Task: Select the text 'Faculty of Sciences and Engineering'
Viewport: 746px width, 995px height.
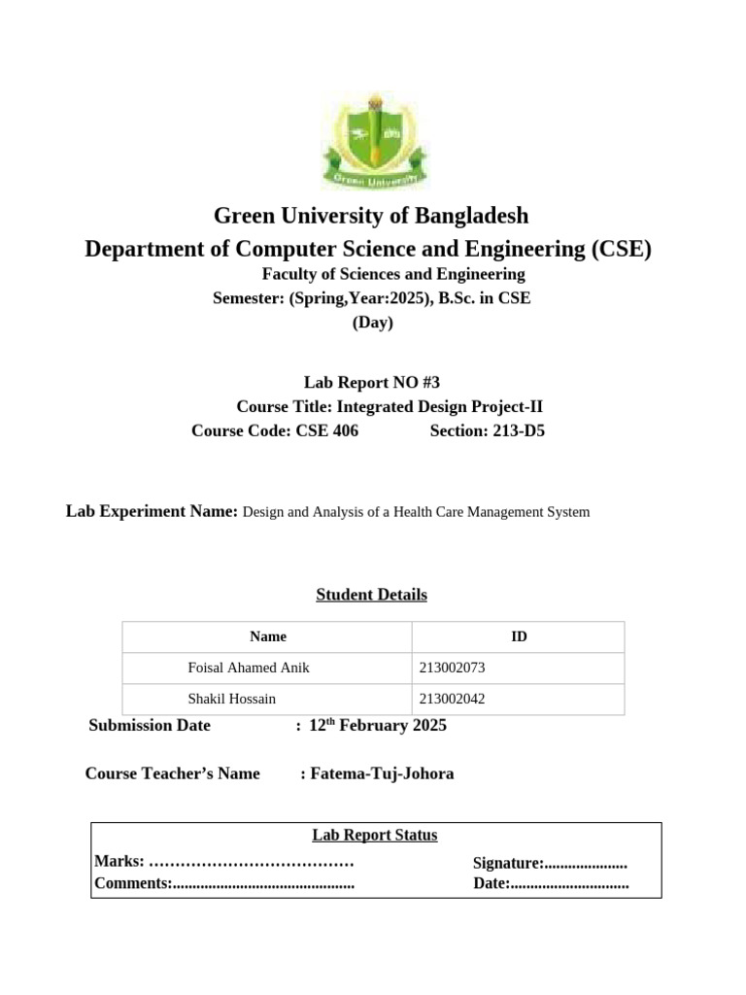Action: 393,275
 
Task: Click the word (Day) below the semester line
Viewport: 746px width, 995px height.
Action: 372,324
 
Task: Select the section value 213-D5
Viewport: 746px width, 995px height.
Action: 514,431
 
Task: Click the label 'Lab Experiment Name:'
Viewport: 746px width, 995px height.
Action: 152,511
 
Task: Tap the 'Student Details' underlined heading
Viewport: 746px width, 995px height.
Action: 372,595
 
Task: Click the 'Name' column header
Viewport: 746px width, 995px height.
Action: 268,637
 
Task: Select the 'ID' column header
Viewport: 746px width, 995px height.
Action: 519,637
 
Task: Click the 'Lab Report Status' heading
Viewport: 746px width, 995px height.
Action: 375,836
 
